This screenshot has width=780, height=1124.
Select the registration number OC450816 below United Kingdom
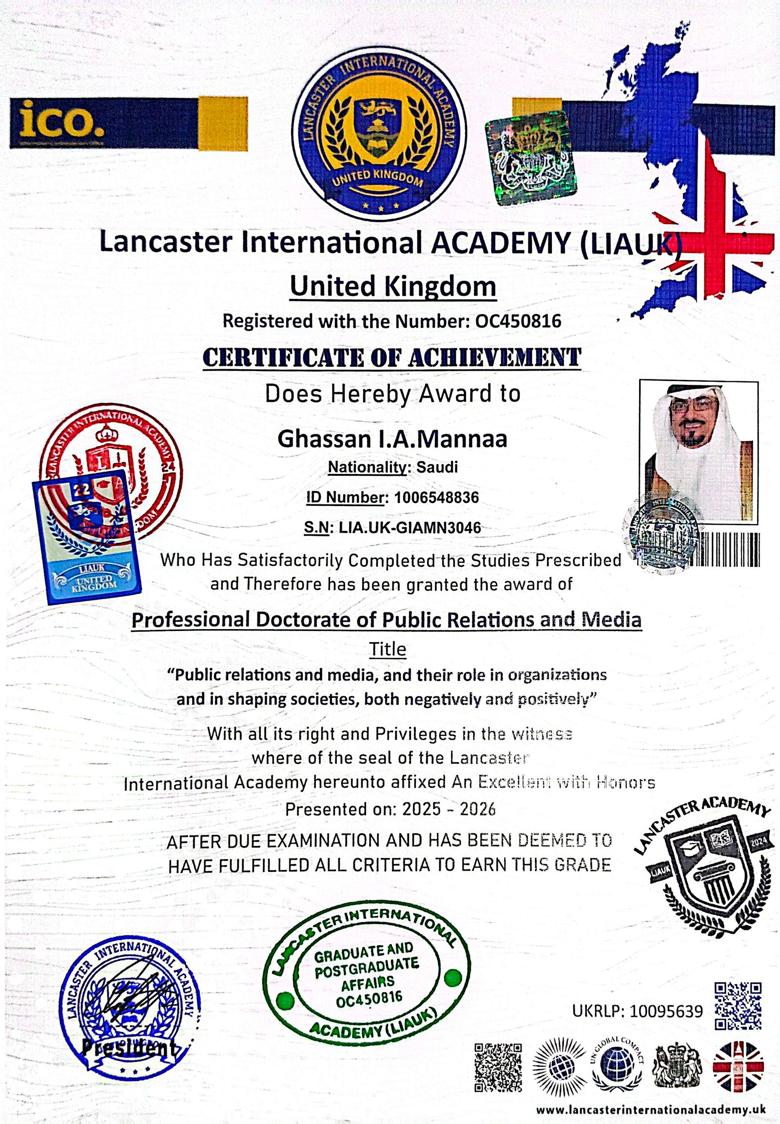coord(518,321)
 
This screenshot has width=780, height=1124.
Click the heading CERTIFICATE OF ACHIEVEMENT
coord(392,357)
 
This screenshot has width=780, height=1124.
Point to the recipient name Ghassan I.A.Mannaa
coord(392,438)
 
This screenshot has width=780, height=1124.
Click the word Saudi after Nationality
coord(437,467)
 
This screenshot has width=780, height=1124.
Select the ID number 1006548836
coord(436,497)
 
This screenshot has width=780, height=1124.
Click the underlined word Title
coord(388,649)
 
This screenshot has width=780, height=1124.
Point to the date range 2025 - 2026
coord(448,809)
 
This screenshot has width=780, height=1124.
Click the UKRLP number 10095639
coord(666,1011)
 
